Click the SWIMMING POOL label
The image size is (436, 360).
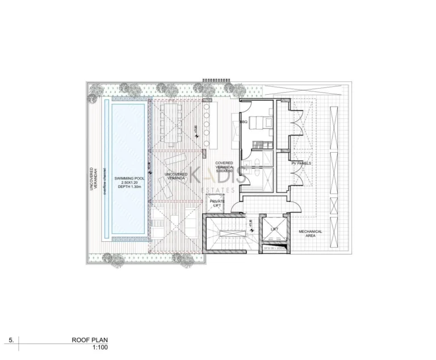click(x=128, y=178)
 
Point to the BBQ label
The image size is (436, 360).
click(x=244, y=122)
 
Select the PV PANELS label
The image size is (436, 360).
click(x=301, y=163)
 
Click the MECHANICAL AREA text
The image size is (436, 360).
click(x=311, y=233)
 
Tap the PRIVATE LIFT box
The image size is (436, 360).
click(x=217, y=203)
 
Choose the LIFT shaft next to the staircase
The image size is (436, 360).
click(x=275, y=229)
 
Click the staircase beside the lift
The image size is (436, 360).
click(x=225, y=235)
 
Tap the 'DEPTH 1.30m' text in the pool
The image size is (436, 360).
click(x=128, y=187)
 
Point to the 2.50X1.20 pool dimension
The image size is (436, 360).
click(x=128, y=183)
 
